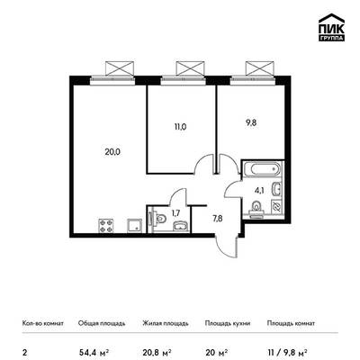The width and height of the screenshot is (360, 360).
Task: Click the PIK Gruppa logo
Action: (x=331, y=27)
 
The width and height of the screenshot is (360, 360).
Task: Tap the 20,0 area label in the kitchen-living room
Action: (x=112, y=152)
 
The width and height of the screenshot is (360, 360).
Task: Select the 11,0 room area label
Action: (x=180, y=127)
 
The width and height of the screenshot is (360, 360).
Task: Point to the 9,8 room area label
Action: (x=251, y=122)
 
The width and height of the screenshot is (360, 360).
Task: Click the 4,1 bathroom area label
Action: (x=259, y=190)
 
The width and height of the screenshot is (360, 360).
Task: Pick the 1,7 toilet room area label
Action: (x=175, y=213)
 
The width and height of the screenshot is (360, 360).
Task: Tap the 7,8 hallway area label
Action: (x=218, y=218)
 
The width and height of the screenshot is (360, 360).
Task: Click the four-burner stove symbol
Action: (x=106, y=226)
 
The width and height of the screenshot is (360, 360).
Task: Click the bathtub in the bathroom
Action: (x=263, y=170)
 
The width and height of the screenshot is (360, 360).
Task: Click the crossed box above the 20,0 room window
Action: (x=120, y=68)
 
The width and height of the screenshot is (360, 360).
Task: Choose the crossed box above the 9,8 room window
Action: (x=260, y=68)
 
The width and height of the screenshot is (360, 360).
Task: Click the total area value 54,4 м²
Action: (x=94, y=352)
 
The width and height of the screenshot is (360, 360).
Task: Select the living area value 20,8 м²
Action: (x=157, y=352)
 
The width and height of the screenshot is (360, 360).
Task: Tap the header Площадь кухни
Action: (x=228, y=323)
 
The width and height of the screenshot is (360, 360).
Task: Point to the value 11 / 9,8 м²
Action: (x=287, y=352)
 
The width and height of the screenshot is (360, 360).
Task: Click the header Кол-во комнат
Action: (x=43, y=323)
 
